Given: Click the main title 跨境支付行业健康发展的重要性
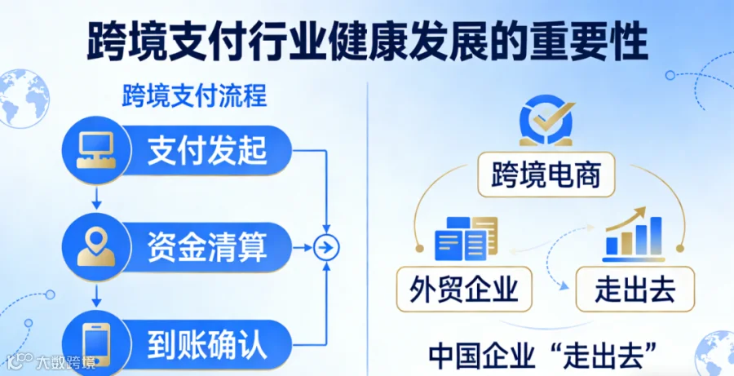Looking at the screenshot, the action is pos(368,42).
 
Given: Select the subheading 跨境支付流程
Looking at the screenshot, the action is pos(194,96).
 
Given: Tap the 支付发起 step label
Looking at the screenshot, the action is pos(207,150).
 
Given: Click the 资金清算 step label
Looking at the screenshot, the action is pos(207,247).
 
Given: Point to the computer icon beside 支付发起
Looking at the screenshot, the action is pos(96,150).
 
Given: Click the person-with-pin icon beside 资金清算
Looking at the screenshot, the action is pos(96,247).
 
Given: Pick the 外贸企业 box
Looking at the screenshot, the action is pos(464,290).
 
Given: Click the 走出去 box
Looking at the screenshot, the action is pos(635,290).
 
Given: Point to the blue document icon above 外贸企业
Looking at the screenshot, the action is pos(466,238).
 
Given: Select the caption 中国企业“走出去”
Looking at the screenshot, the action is pos(542,356).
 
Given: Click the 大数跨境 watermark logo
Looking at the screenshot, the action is pos(52,362).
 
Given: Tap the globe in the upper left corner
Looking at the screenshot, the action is pos(23,99).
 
